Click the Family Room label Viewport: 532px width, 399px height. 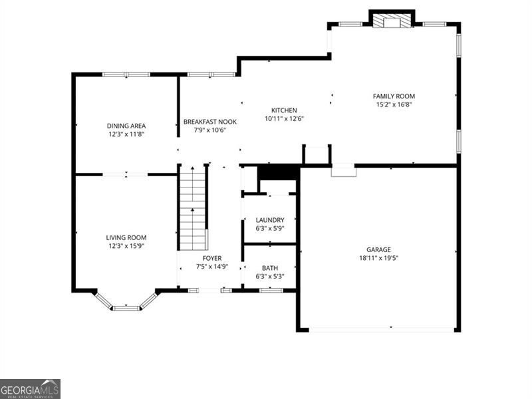[x=394, y=96]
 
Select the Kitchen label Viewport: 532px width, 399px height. [x=284, y=110]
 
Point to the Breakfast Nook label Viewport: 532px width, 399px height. [x=205, y=122]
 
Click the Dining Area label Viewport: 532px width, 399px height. [x=126, y=126]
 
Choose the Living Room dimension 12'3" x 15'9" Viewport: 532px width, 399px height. [x=126, y=246]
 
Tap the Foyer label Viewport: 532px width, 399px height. [x=212, y=258]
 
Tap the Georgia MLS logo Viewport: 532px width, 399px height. [x=30, y=388]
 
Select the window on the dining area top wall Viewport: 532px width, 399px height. [x=126, y=74]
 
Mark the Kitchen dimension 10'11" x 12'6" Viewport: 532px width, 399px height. [x=284, y=119]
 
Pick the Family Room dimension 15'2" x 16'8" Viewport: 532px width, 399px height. [x=394, y=104]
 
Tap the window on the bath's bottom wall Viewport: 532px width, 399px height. [x=271, y=290]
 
